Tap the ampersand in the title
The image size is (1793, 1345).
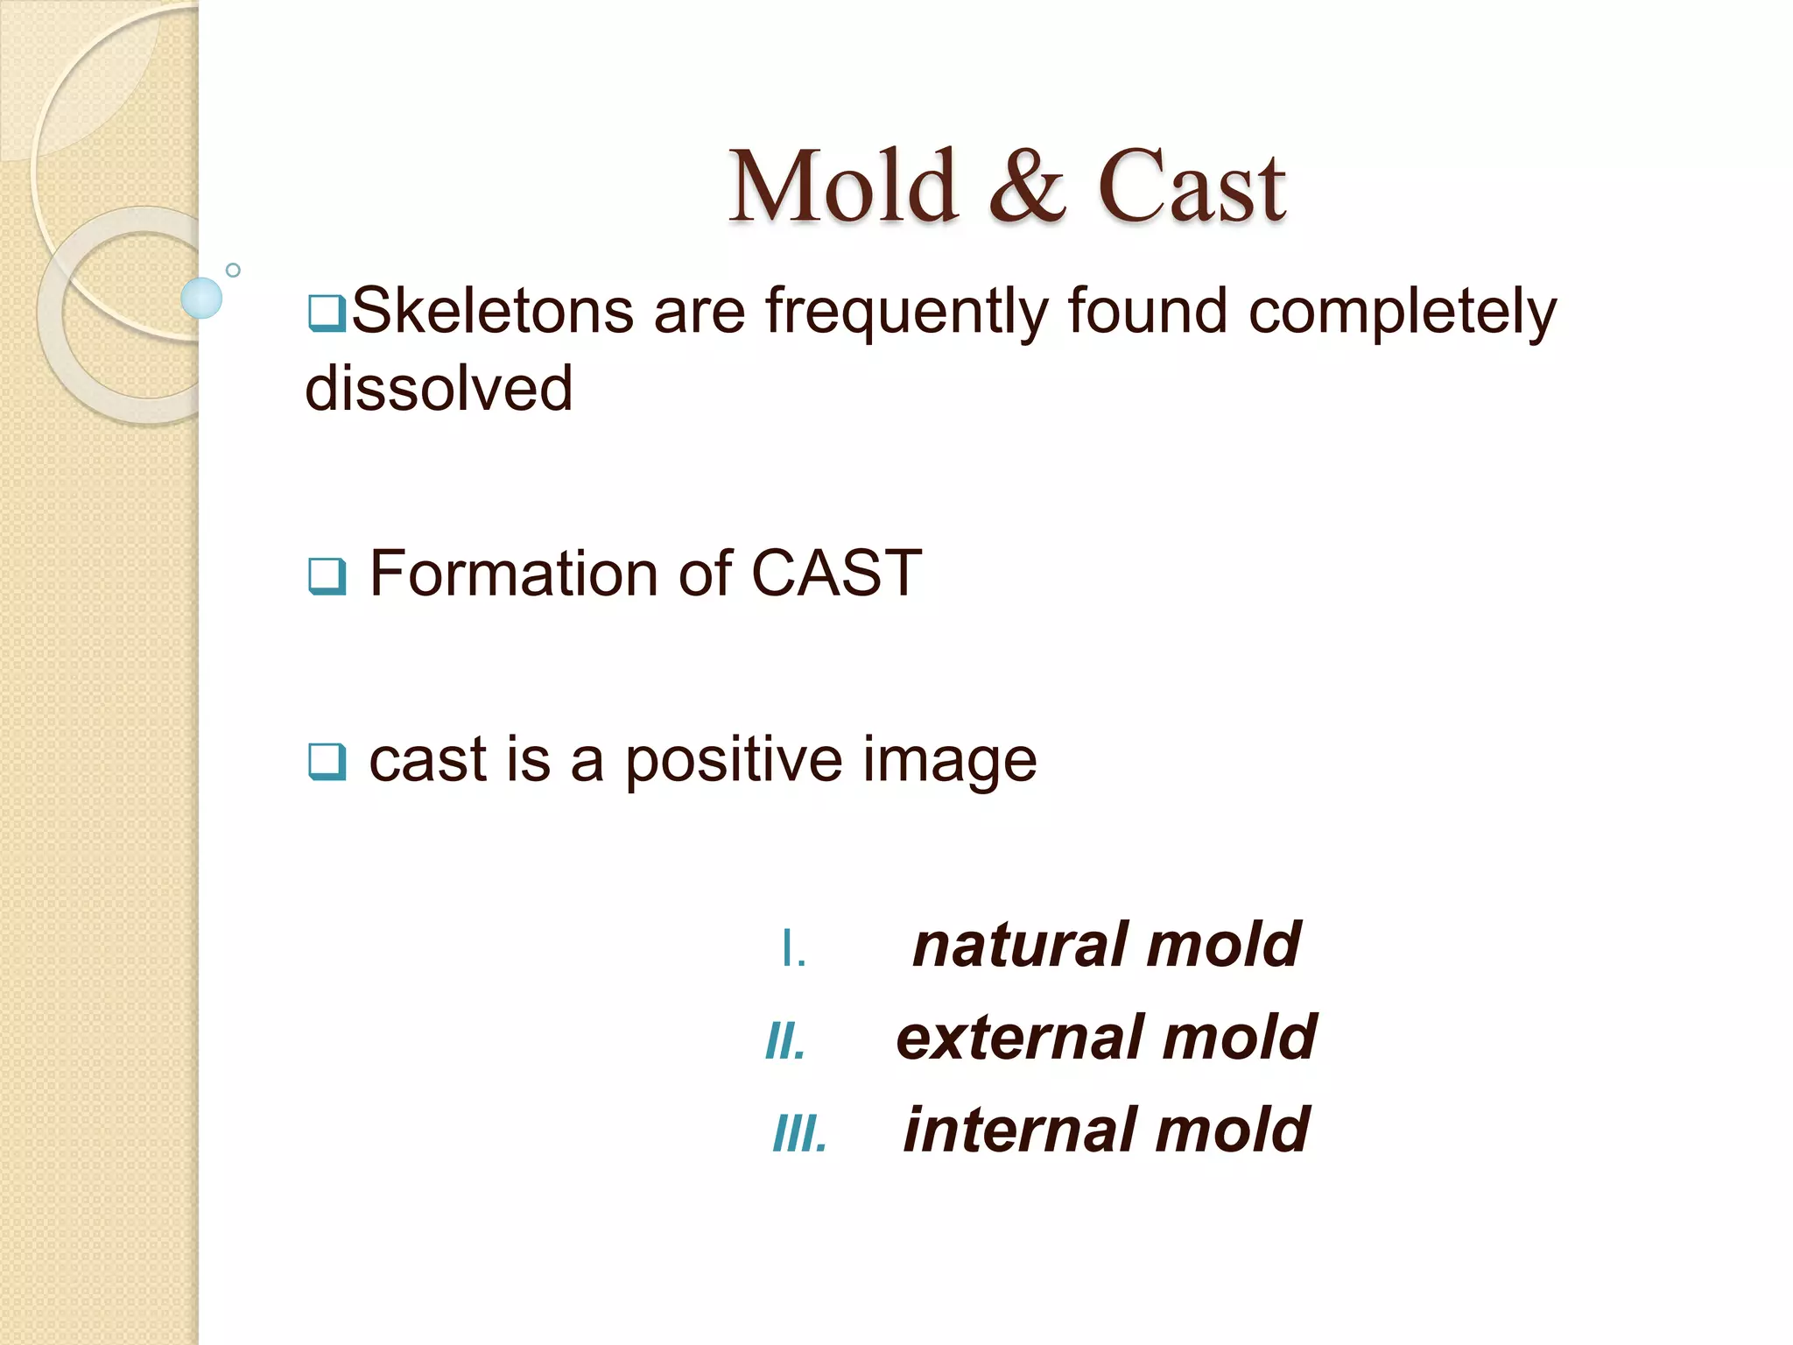(x=1027, y=187)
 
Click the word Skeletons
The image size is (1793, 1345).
(x=492, y=311)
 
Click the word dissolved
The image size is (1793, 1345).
(x=439, y=388)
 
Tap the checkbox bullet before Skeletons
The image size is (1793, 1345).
(x=327, y=313)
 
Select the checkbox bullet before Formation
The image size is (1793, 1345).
(x=327, y=576)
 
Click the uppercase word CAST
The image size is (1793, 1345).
(x=836, y=574)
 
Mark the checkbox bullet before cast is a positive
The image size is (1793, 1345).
(x=327, y=761)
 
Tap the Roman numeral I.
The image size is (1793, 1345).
(x=792, y=949)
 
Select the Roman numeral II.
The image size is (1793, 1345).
(x=785, y=1042)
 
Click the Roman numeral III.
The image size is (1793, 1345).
(x=799, y=1135)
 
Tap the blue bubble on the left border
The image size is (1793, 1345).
(x=201, y=298)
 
